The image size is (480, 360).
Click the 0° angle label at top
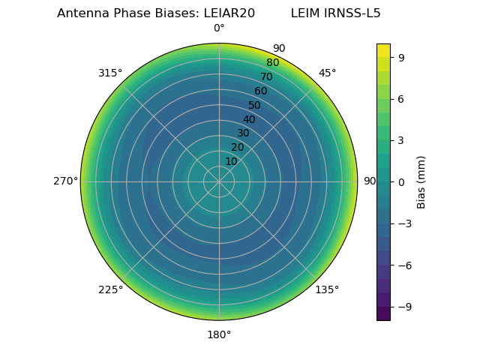219,28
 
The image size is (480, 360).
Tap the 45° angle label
328,73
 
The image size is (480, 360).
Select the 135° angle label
327,289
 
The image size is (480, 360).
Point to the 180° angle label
219,334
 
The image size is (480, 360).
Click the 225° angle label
110,290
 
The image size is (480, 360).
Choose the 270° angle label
65,181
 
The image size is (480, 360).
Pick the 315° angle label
110,73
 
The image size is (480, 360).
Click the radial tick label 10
231,161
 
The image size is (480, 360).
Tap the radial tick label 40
249,119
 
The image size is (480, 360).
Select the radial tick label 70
266,76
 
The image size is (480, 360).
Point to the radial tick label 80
272,63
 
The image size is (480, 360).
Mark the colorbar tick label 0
401,181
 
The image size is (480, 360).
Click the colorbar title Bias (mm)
421,181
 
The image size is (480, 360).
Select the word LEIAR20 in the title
229,13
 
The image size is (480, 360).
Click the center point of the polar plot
219,181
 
